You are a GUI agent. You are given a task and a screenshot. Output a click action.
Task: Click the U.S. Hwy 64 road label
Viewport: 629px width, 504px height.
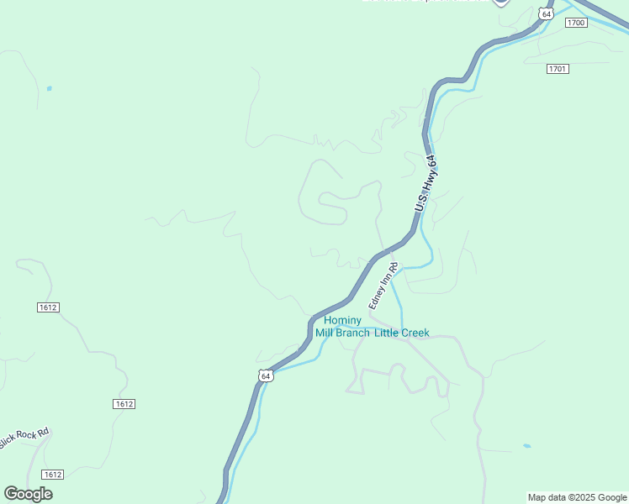[427, 183]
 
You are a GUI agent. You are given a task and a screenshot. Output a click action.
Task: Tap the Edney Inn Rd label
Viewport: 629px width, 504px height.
[382, 285]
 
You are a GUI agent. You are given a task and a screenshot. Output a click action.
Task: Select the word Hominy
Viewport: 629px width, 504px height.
[343, 320]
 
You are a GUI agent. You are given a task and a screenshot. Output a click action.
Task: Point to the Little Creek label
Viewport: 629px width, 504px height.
[401, 333]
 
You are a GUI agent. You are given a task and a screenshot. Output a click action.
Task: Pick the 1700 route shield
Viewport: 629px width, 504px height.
[576, 23]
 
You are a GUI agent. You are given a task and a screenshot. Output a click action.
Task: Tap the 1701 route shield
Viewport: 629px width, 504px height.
[557, 68]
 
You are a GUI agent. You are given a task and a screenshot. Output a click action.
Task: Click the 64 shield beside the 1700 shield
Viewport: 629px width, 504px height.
[547, 14]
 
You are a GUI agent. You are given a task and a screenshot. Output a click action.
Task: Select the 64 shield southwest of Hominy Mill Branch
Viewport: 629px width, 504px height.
[266, 375]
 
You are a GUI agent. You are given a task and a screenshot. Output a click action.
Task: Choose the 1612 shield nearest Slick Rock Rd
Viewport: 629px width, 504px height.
[52, 475]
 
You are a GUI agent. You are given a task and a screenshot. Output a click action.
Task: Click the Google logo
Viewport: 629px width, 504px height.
[28, 493]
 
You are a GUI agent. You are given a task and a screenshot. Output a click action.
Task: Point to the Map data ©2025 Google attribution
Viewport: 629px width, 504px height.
[577, 497]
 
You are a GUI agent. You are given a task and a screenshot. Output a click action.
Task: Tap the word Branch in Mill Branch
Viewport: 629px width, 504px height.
[352, 333]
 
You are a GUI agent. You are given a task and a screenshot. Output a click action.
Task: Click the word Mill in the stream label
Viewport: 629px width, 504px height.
[325, 333]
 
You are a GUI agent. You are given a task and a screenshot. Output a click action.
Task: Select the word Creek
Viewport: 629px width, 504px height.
[415, 333]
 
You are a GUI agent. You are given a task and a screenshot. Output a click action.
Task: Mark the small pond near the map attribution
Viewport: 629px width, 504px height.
[526, 446]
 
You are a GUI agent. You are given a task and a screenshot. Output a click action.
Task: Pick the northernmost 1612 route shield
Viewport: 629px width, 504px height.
[48, 307]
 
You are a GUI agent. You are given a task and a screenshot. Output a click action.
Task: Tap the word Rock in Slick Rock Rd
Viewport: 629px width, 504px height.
[25, 438]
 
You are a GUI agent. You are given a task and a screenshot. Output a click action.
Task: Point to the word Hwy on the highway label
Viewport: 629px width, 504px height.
[429, 180]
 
